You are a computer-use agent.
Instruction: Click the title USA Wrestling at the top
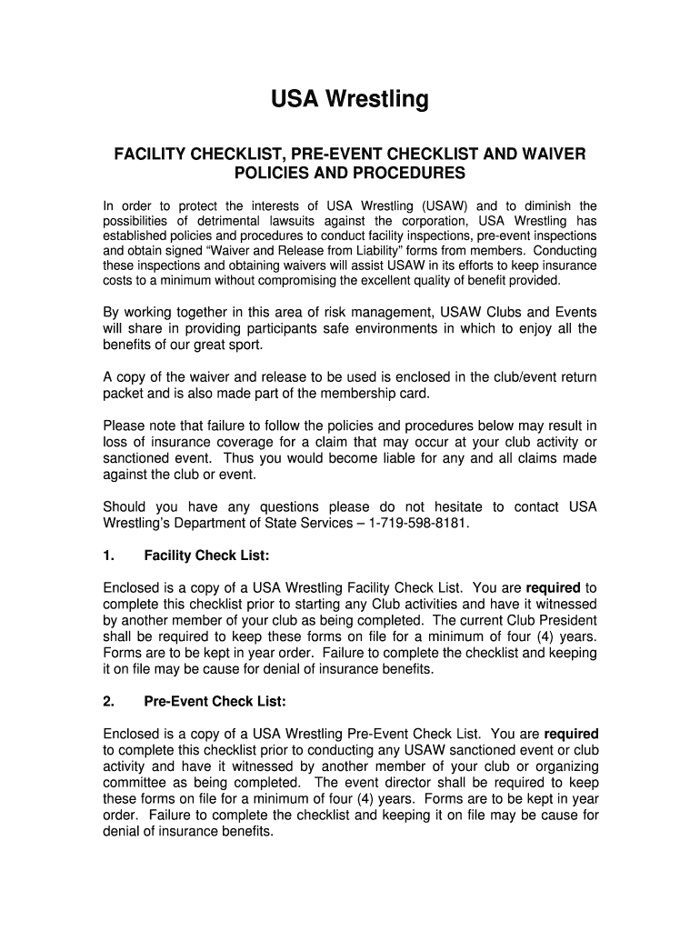(349, 98)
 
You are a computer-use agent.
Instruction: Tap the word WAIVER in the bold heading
(556, 154)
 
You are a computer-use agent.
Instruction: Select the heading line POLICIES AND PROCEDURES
(349, 173)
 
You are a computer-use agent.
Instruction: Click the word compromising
(338, 280)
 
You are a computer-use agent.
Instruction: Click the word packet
(124, 393)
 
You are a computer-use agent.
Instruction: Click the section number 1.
(108, 555)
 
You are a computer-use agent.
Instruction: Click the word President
(568, 620)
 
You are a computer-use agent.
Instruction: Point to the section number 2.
(108, 701)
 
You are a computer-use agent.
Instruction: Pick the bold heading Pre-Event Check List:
(215, 701)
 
